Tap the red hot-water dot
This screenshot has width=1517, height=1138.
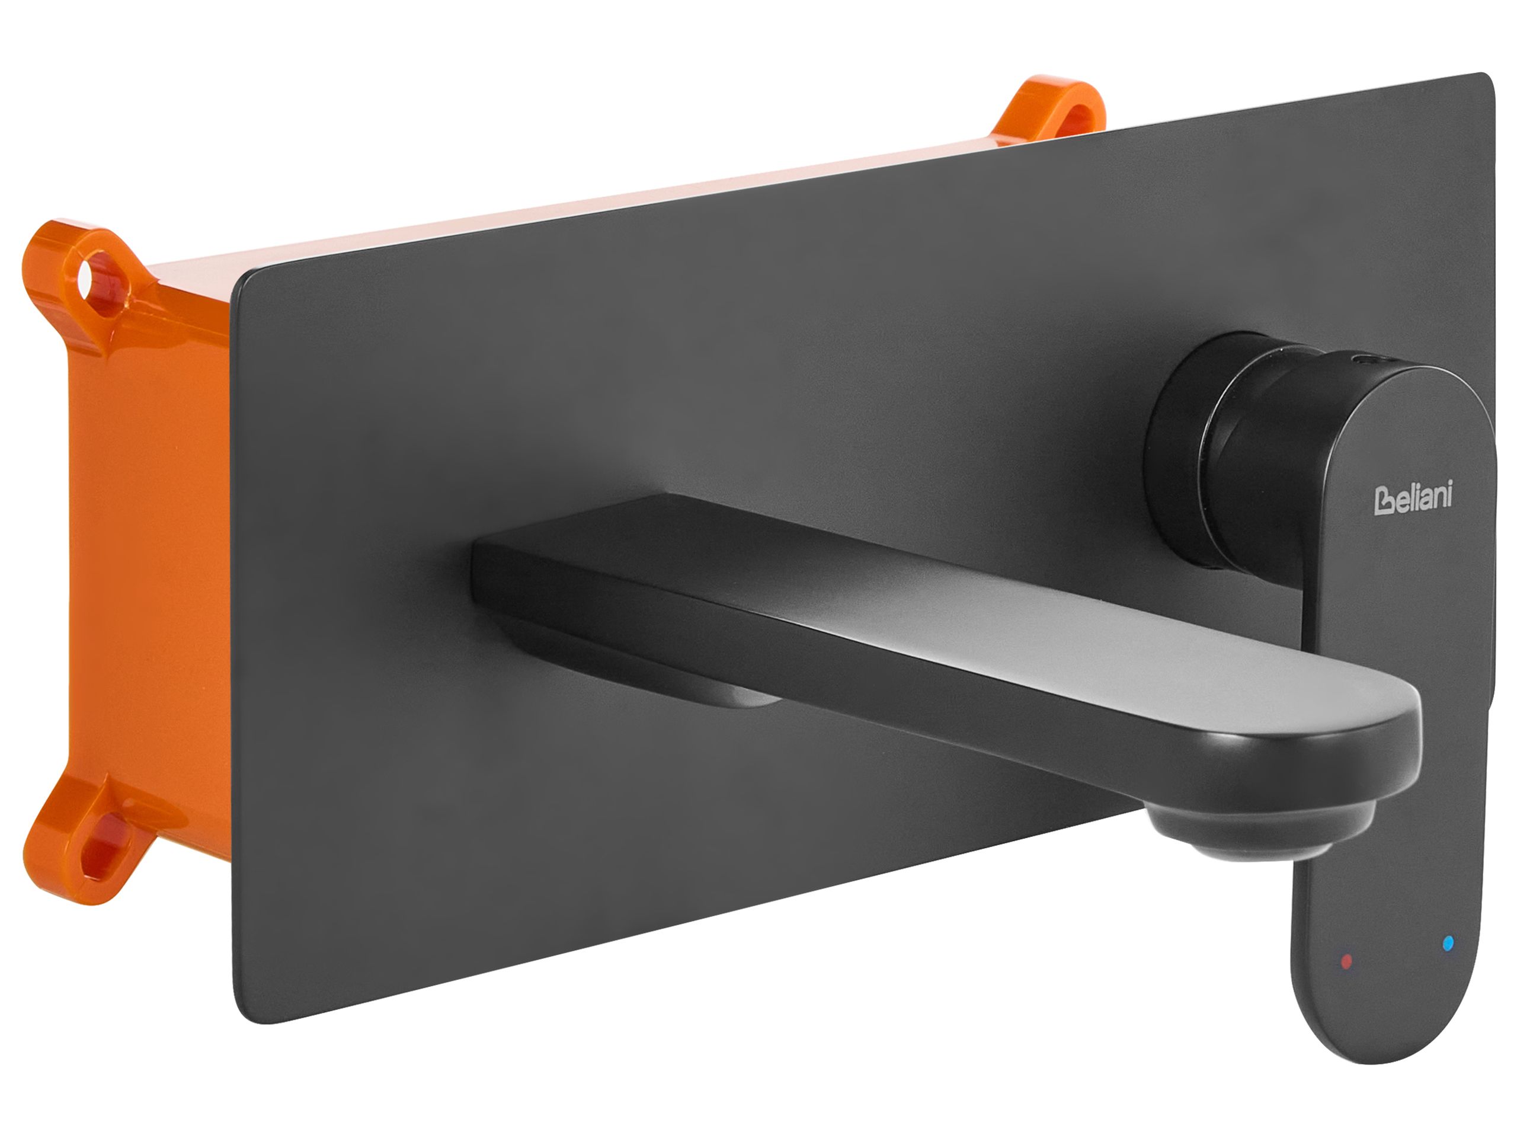click(x=1346, y=961)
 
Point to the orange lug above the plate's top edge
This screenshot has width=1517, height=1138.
click(x=1049, y=110)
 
